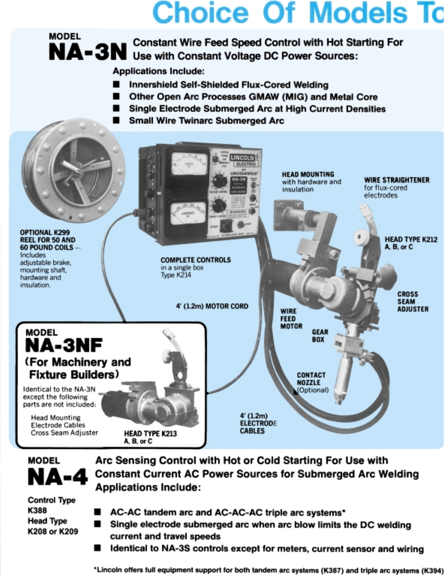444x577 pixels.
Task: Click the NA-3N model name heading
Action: pos(88,52)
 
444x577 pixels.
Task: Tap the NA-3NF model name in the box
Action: pos(64,345)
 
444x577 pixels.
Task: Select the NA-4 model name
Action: pos(58,477)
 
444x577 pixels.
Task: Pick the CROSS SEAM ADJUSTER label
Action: pos(412,302)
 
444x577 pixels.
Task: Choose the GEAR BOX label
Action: pos(320,335)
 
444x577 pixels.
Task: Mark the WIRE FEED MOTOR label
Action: pos(291,319)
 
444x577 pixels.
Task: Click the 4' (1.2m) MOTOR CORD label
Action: pos(212,306)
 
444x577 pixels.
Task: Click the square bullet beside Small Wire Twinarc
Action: pos(116,121)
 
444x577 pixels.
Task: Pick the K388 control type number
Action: pos(37,510)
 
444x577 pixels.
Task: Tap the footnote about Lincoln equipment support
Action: pos(268,570)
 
